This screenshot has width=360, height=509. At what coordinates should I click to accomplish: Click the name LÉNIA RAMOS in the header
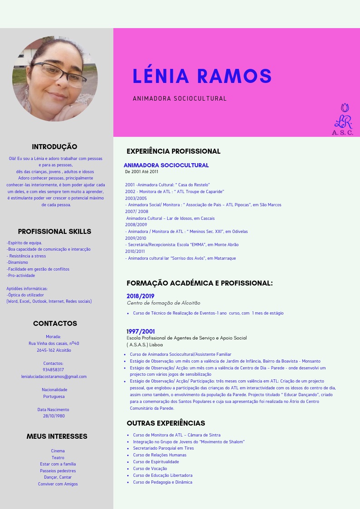[202, 76]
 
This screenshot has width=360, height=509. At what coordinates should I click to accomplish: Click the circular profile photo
[55, 79]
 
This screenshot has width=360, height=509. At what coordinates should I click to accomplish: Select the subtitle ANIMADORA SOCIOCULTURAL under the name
[180, 98]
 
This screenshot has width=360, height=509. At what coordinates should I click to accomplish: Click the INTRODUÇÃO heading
[54, 147]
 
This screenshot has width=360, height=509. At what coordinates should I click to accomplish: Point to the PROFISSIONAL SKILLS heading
[54, 232]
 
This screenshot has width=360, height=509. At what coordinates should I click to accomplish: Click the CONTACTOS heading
[55, 324]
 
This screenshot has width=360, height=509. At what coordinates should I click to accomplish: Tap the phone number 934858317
[54, 370]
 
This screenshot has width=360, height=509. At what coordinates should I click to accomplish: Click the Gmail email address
[54, 377]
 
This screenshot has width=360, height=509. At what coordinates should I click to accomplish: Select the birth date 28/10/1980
[54, 416]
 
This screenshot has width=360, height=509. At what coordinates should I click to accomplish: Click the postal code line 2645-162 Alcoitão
[54, 350]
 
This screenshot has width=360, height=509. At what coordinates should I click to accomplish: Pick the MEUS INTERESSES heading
[57, 436]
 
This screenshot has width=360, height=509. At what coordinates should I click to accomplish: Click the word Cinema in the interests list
[58, 451]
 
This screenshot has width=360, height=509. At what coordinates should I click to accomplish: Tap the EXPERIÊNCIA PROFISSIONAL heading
[173, 151]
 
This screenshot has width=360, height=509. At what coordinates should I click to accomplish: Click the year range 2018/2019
[140, 296]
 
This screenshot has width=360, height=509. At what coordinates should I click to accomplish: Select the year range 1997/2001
[140, 331]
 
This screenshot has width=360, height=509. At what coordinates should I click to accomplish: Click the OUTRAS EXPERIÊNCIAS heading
[165, 423]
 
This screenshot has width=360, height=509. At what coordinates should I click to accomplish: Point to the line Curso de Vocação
[150, 469]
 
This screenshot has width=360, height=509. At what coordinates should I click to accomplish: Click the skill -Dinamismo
[17, 262]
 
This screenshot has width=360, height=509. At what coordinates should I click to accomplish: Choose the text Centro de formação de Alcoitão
[163, 303]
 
